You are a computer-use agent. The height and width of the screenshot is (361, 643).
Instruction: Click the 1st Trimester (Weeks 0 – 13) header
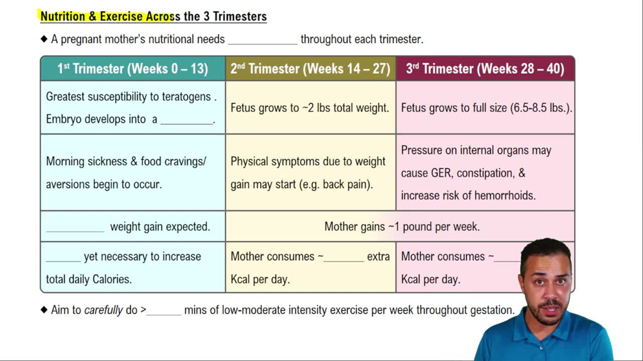132,69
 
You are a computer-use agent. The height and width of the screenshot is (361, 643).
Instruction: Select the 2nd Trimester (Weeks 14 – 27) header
311,69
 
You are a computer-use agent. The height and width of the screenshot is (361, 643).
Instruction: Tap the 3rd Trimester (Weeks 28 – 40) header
485,69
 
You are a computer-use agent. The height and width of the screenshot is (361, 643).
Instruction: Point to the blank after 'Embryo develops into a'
186,120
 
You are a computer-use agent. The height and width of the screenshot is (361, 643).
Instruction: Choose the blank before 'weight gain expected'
75,227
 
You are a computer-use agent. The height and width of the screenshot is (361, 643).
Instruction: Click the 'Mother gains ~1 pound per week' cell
402,227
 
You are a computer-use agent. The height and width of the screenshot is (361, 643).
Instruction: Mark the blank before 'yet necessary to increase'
63,257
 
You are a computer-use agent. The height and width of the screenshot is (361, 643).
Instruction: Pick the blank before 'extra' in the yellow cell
344,257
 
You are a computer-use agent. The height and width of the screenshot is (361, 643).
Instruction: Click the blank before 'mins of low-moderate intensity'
165,311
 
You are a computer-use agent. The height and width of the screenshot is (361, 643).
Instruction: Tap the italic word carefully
104,310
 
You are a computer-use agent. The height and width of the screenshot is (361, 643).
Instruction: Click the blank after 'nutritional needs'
263,40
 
